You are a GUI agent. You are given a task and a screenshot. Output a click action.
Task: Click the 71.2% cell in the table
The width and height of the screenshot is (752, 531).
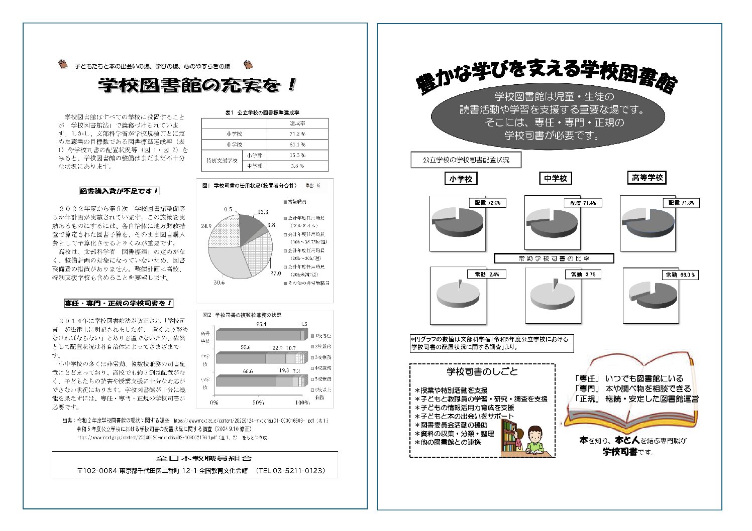coord(297,134)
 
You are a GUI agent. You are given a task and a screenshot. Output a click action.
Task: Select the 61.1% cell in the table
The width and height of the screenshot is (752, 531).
coord(297,145)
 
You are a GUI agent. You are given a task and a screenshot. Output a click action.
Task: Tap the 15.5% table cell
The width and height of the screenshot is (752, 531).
coord(297,156)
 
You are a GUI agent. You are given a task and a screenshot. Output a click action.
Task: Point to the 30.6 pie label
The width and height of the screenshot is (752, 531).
coord(219,283)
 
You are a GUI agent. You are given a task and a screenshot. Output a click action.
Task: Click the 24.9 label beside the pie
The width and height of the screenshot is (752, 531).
coord(206,226)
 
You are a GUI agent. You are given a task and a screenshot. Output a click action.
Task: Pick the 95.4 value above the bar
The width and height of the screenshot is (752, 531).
coord(261,324)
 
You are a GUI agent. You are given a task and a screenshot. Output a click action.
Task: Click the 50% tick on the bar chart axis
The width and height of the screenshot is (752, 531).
coord(258,403)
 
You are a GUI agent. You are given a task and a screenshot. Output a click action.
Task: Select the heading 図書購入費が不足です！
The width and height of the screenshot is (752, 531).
coord(120,191)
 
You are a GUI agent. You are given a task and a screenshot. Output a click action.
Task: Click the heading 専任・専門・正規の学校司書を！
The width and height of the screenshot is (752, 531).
coord(119,303)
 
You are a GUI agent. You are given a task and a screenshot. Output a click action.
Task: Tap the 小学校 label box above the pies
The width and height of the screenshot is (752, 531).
coord(461,179)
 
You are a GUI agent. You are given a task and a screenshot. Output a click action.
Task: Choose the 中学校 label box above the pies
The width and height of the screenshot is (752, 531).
coord(556,178)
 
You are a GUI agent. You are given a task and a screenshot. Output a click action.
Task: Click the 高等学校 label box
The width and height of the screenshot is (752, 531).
coord(648,178)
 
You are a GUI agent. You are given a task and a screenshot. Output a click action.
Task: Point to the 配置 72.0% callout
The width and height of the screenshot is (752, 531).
coord(487,203)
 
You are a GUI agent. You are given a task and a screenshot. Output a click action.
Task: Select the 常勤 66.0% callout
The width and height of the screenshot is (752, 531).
coord(680,275)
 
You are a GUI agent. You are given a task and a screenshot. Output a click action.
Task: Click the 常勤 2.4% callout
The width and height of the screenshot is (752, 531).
coord(487,275)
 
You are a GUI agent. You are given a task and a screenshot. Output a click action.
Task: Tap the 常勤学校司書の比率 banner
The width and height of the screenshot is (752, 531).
coord(554,258)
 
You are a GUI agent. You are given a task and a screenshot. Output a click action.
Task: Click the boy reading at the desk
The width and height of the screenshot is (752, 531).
coord(535,441)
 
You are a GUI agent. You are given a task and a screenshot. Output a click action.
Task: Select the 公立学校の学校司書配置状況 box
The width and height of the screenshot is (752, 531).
coord(466,160)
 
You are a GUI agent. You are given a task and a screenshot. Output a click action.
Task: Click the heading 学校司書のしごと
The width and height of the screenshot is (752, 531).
coord(482,372)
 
